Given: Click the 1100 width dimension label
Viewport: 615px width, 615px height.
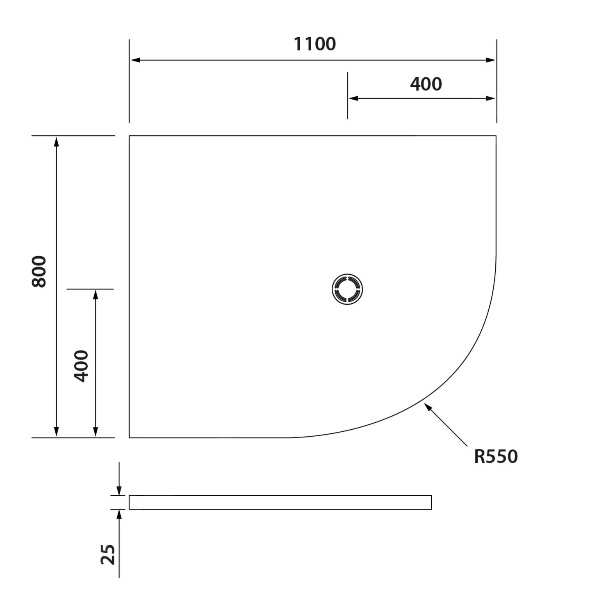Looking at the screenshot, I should pyautogui.click(x=314, y=44).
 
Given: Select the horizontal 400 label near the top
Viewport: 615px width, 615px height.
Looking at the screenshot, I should pyautogui.click(x=426, y=84).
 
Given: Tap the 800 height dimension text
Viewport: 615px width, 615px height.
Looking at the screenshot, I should pyautogui.click(x=39, y=271).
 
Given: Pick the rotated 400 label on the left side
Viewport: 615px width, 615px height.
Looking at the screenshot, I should pyautogui.click(x=81, y=366).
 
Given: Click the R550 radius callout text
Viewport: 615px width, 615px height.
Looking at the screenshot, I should pyautogui.click(x=496, y=456).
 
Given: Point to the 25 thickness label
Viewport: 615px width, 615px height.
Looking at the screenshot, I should pyautogui.click(x=108, y=555).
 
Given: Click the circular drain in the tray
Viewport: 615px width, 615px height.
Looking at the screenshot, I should pyautogui.click(x=347, y=289).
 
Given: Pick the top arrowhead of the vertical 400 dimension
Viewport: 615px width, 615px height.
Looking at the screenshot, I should pyautogui.click(x=96, y=295).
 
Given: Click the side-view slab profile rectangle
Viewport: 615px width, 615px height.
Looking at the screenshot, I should pyautogui.click(x=280, y=502).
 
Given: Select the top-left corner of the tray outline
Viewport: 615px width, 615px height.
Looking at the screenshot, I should pyautogui.click(x=130, y=136).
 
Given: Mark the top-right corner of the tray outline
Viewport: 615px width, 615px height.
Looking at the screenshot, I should pyautogui.click(x=496, y=136).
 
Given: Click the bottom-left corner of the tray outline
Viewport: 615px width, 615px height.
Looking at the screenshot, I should pyautogui.click(x=130, y=437).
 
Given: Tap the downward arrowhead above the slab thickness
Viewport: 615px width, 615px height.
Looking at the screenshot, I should pyautogui.click(x=119, y=490).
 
